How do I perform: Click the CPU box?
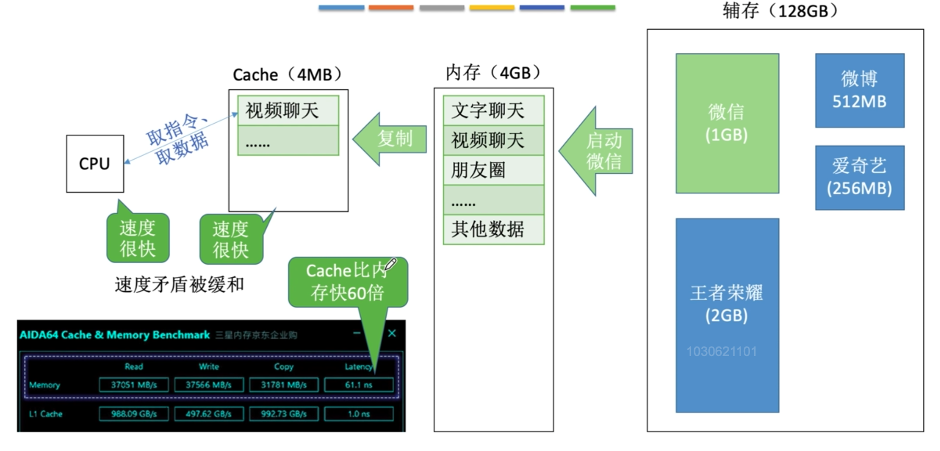point(94,163)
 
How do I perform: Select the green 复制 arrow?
point(391,139)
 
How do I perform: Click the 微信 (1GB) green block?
point(727,123)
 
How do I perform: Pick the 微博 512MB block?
point(859,90)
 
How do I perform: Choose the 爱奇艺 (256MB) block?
point(859,177)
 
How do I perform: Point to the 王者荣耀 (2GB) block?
point(727,315)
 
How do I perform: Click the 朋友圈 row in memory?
point(493,170)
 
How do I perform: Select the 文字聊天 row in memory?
point(493,111)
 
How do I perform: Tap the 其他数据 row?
point(493,229)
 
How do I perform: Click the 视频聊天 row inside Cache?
point(288,111)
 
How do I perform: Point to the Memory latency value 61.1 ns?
point(359,385)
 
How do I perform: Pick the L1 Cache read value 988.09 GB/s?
point(134,414)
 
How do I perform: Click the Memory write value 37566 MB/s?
point(208,385)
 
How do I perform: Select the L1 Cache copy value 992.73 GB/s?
point(283,414)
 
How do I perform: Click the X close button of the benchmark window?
point(392,333)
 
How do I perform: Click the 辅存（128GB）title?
point(780,11)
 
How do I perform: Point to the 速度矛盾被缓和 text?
point(179,284)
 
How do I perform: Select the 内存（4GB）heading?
point(493,73)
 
